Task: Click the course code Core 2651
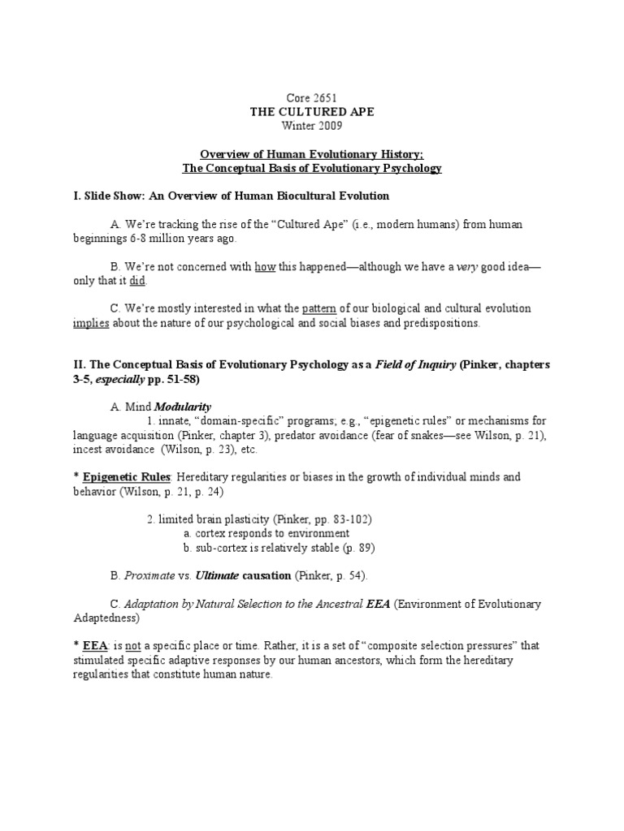312,98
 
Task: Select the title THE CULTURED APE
312,112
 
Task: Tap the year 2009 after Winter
328,126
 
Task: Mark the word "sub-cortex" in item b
223,548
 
